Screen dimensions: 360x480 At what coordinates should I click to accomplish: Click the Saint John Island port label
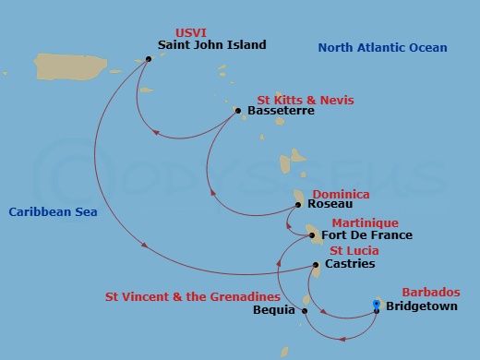[x=211, y=44]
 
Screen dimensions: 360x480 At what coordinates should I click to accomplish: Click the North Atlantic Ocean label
[x=382, y=48]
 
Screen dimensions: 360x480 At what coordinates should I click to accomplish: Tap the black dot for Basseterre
[x=238, y=111]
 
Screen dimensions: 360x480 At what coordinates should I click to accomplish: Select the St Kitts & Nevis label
[x=306, y=100]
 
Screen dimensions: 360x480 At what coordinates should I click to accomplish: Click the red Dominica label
[x=341, y=195]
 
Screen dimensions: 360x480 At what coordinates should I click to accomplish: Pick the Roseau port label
[x=330, y=205]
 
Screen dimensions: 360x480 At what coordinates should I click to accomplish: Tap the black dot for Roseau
[x=302, y=205]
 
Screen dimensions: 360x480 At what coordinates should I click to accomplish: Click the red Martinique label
[x=365, y=223]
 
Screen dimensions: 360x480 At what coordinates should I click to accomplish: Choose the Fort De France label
[x=366, y=235]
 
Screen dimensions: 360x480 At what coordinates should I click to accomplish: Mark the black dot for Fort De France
[x=314, y=234]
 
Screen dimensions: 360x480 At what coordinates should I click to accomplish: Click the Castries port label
[x=351, y=264]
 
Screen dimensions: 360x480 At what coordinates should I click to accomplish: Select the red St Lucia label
[x=354, y=251]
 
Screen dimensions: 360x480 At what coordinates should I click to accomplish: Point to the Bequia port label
[x=274, y=310]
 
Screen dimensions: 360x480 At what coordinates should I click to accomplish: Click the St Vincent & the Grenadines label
[x=193, y=297]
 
